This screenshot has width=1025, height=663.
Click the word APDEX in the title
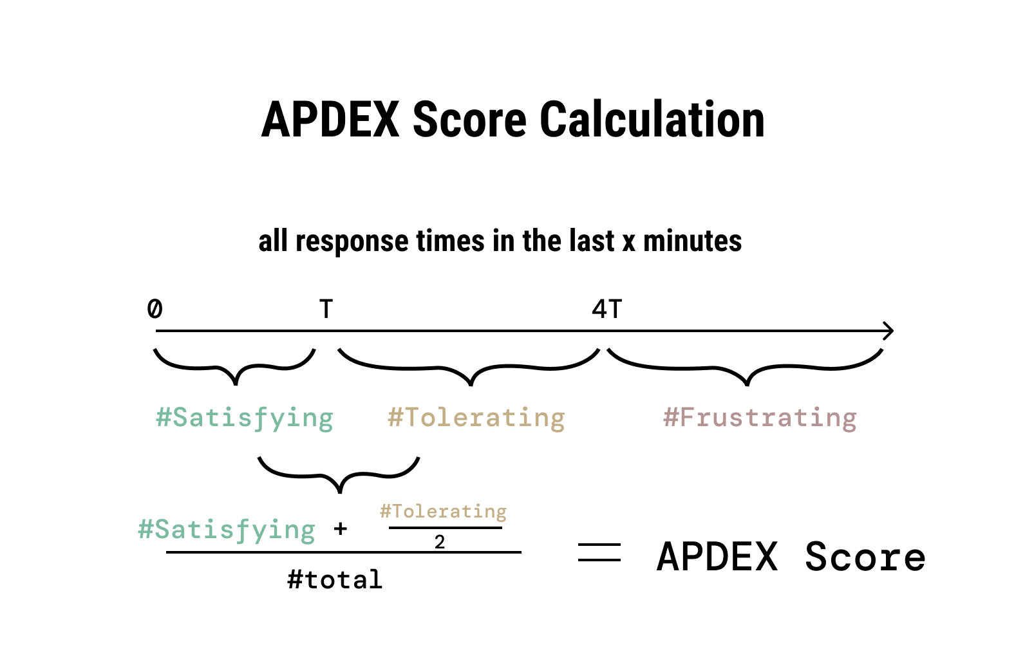330,120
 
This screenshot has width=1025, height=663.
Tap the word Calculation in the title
652,120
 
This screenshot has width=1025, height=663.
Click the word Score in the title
469,120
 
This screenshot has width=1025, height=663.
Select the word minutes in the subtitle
692,241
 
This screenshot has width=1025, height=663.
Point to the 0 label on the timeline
155,309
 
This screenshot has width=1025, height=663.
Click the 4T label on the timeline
607,309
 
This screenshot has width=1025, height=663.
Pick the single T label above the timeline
326,309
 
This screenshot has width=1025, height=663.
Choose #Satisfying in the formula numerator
227,530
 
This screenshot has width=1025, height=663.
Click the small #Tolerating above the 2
443,512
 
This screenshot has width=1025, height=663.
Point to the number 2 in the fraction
439,542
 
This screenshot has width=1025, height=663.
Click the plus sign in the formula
341,529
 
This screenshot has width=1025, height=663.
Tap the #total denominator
335,580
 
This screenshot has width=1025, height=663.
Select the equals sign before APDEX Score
599,552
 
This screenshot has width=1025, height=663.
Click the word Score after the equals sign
865,557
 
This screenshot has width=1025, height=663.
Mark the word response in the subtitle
352,242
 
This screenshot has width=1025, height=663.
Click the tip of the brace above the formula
339,492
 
